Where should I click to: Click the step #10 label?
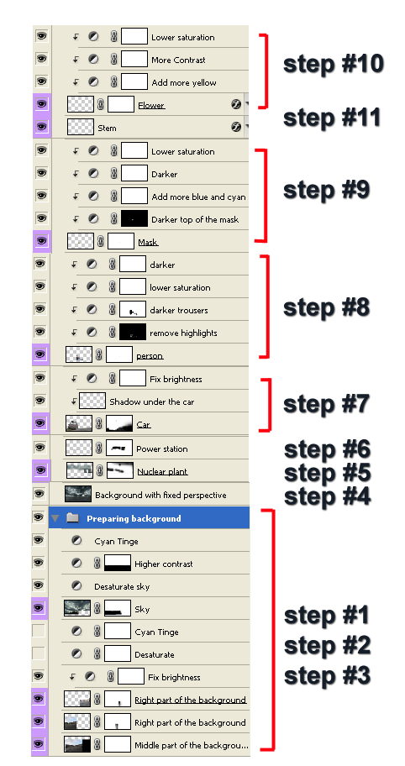pyautogui.click(x=334, y=64)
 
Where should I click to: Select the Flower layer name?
pyautogui.click(x=151, y=106)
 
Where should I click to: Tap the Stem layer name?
pyautogui.click(x=107, y=128)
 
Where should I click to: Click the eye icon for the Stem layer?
pyautogui.click(x=41, y=127)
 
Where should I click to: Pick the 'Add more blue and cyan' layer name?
pyautogui.click(x=198, y=197)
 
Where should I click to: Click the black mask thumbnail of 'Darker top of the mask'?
pyautogui.click(x=134, y=218)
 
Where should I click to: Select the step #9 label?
pyautogui.click(x=326, y=190)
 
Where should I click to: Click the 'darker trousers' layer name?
pyautogui.click(x=179, y=310)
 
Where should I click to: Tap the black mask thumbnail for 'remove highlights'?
pyautogui.click(x=133, y=333)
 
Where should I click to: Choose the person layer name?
pyautogui.click(x=150, y=356)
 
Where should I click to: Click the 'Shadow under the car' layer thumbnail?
pyautogui.click(x=92, y=401)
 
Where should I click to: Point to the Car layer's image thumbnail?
pyautogui.click(x=79, y=423)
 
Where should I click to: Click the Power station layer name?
pyautogui.click(x=161, y=449)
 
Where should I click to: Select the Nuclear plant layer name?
pyautogui.click(x=162, y=471)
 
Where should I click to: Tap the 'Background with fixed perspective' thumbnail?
pyautogui.click(x=78, y=494)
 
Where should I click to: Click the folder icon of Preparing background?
pyautogui.click(x=72, y=518)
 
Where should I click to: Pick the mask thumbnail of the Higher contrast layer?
pyautogui.click(x=118, y=563)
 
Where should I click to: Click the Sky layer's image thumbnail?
pyautogui.click(x=77, y=608)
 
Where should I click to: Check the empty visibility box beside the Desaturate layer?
pyautogui.click(x=38, y=653)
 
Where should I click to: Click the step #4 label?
pyautogui.click(x=328, y=496)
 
